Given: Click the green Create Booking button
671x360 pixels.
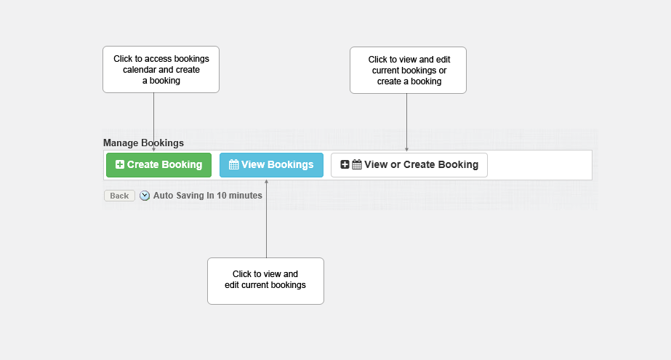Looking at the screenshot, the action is click(158, 165).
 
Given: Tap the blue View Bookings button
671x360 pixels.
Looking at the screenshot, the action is click(271, 165).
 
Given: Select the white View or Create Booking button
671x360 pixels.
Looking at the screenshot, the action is click(409, 165).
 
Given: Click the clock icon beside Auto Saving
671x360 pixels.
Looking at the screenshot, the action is click(145, 196).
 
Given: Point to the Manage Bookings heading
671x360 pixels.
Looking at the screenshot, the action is click(143, 143).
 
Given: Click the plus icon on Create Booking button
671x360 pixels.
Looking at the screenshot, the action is click(120, 164).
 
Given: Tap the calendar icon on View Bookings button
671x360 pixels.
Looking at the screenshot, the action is click(233, 164).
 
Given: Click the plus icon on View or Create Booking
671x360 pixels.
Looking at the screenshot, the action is click(345, 164).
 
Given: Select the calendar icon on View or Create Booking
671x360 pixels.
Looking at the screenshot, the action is click(357, 164).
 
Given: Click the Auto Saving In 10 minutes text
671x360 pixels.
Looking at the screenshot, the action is click(207, 196).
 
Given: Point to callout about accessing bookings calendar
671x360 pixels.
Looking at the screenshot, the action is click(161, 69).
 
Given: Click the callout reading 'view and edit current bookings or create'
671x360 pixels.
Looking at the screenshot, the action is click(409, 71).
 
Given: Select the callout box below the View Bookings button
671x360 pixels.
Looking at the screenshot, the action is click(266, 281).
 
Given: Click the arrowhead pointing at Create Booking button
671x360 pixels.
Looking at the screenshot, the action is click(153, 149).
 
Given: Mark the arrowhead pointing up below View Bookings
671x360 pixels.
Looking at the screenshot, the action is click(266, 182).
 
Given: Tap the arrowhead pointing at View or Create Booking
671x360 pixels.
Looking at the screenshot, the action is click(406, 149).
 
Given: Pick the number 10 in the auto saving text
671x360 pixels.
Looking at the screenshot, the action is click(221, 196).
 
